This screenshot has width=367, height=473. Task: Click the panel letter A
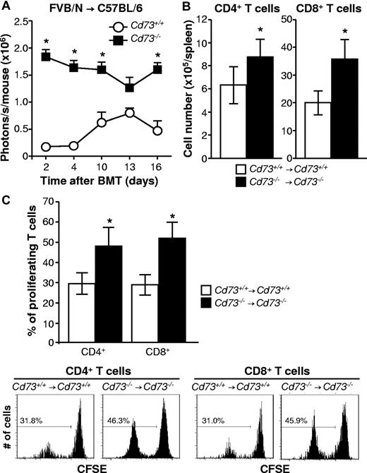pyautogui.click(x=6, y=7)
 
